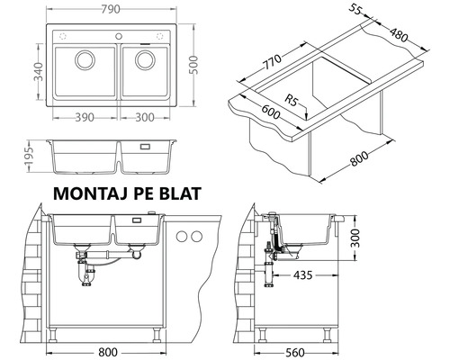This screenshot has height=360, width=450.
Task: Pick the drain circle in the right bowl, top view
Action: click(143, 62)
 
